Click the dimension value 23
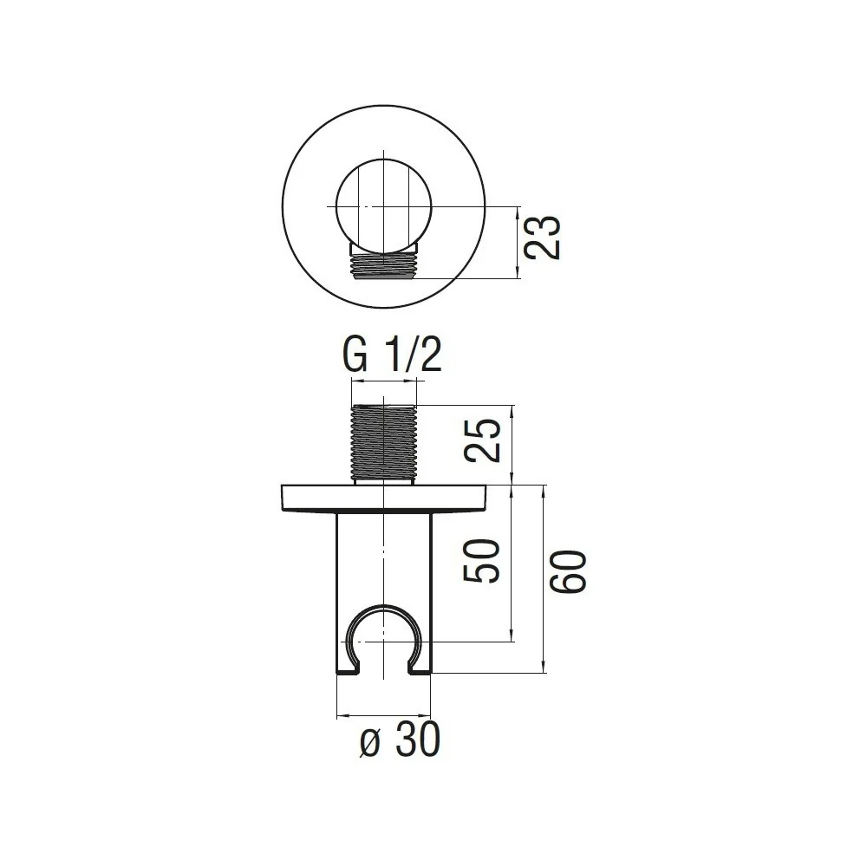(x=542, y=238)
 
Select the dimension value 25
(x=482, y=440)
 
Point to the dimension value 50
(x=481, y=561)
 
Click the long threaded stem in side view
(x=384, y=441)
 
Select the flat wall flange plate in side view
(x=384, y=498)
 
